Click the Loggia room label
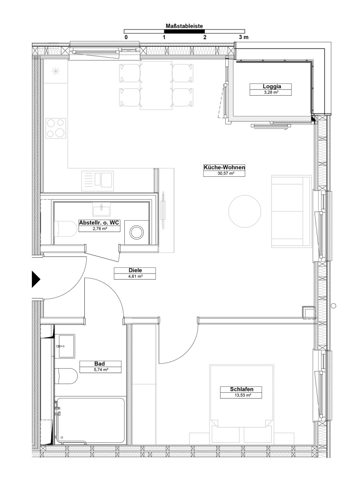pos(272,87)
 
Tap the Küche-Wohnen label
pos(224,167)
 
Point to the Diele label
pos(135,271)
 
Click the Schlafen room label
pos(241,389)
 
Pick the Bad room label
pos(100,364)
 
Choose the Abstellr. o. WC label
pos(99,223)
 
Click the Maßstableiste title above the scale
pos(184,26)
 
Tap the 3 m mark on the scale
pos(243,37)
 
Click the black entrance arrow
pos(36,279)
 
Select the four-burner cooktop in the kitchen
pos(56,128)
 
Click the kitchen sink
pos(97,181)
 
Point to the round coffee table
pos(245,211)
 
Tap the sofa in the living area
pos(291,211)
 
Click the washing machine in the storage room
pos(137,232)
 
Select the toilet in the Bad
pos(66,376)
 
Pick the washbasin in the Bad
pos(65,346)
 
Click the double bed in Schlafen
pos(241,404)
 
